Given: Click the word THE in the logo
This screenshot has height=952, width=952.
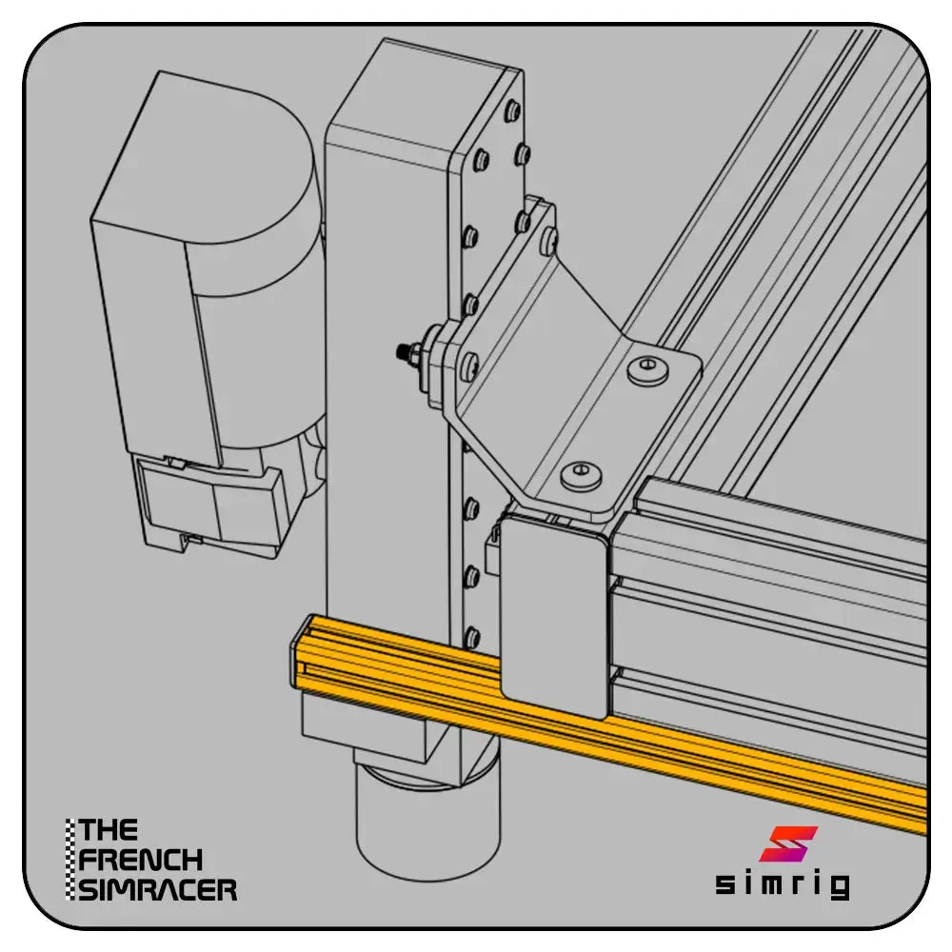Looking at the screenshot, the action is [x=109, y=830].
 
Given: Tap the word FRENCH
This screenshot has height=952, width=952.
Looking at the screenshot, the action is [x=140, y=860].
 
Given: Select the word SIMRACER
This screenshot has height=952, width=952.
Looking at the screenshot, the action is [x=158, y=889].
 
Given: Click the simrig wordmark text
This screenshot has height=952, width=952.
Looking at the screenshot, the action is [x=783, y=883].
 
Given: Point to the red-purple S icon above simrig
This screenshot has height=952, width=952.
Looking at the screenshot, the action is [x=788, y=843].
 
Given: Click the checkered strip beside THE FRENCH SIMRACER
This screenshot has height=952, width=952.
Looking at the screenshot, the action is [x=71, y=860].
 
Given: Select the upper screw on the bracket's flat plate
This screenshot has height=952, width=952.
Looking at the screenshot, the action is [x=647, y=367].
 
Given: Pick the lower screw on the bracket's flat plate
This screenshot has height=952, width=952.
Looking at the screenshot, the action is [x=581, y=473].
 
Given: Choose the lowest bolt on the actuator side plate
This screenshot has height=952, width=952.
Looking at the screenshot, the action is [x=471, y=636].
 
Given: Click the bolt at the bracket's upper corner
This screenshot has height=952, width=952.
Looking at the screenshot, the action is [x=549, y=238].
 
